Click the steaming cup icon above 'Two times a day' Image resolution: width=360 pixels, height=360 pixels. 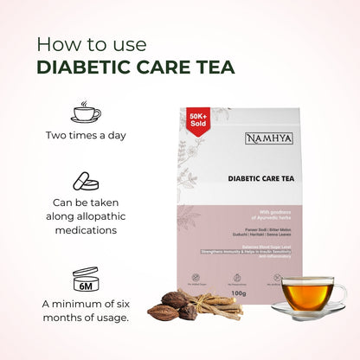coord(86,112)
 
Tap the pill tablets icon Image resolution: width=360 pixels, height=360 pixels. coord(86,182)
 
